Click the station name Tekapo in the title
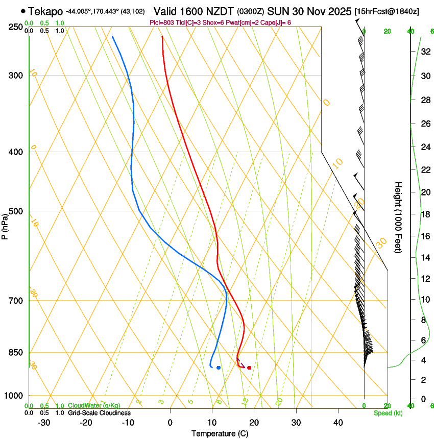[46, 11]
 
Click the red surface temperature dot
[249, 368]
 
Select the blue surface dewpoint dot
[219, 368]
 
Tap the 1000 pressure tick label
[14, 396]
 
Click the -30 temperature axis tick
[43, 422]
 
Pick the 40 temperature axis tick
[337, 422]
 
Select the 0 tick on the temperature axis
[170, 422]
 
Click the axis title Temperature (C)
[220, 433]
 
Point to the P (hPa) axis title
[5, 225]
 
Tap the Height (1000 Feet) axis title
[398, 217]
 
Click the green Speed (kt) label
[388, 413]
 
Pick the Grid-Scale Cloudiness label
[99, 413]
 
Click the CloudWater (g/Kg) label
[94, 405]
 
